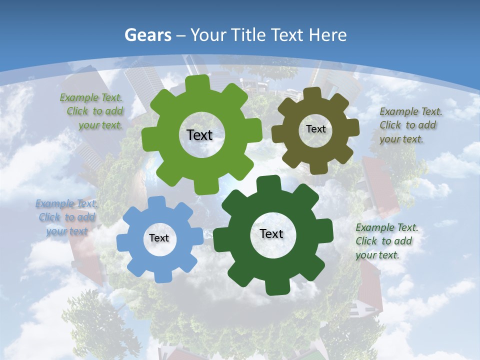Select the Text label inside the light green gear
click(x=199, y=135)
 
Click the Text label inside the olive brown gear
click(x=315, y=129)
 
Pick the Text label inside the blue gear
click(x=159, y=238)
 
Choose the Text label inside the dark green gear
click(x=271, y=233)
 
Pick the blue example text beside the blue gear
click(x=66, y=217)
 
